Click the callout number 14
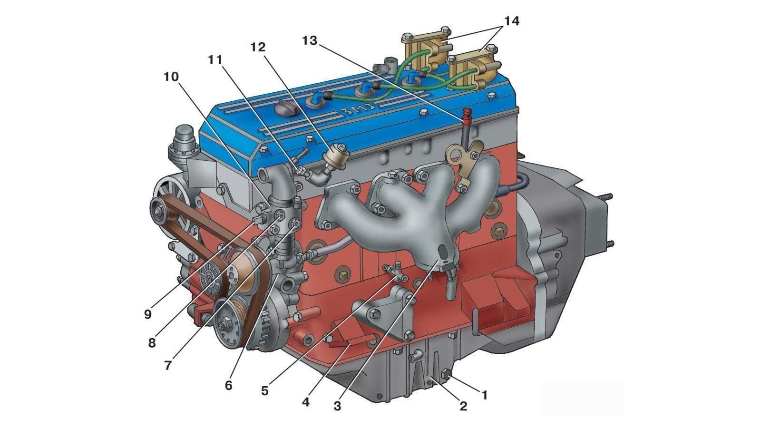[x=512, y=21]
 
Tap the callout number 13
[x=310, y=41]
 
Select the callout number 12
[x=257, y=48]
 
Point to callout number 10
[x=171, y=77]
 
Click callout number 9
[x=147, y=314]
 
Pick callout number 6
[x=228, y=385]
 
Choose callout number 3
[x=337, y=406]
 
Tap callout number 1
[x=485, y=395]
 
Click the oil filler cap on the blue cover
[x=285, y=109]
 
